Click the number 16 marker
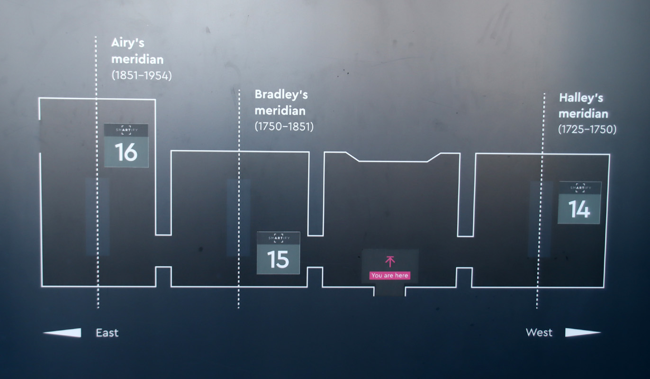click(x=126, y=146)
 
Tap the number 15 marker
click(x=278, y=253)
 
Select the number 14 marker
click(x=579, y=203)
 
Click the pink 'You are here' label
click(x=390, y=275)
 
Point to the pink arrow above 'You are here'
click(x=390, y=262)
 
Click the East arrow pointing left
click(x=62, y=333)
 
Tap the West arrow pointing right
click(x=583, y=333)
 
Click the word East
click(x=107, y=333)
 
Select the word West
click(x=539, y=333)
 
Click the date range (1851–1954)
click(x=142, y=75)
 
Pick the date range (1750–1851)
click(x=284, y=126)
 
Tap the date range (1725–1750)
click(x=587, y=129)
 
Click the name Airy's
click(x=128, y=43)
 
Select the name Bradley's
click(x=281, y=95)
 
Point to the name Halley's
click(x=581, y=98)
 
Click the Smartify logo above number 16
click(x=126, y=130)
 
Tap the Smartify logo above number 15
click(x=278, y=238)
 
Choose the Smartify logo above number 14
click(x=580, y=188)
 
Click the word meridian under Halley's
click(x=583, y=114)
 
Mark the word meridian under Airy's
click(x=137, y=60)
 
